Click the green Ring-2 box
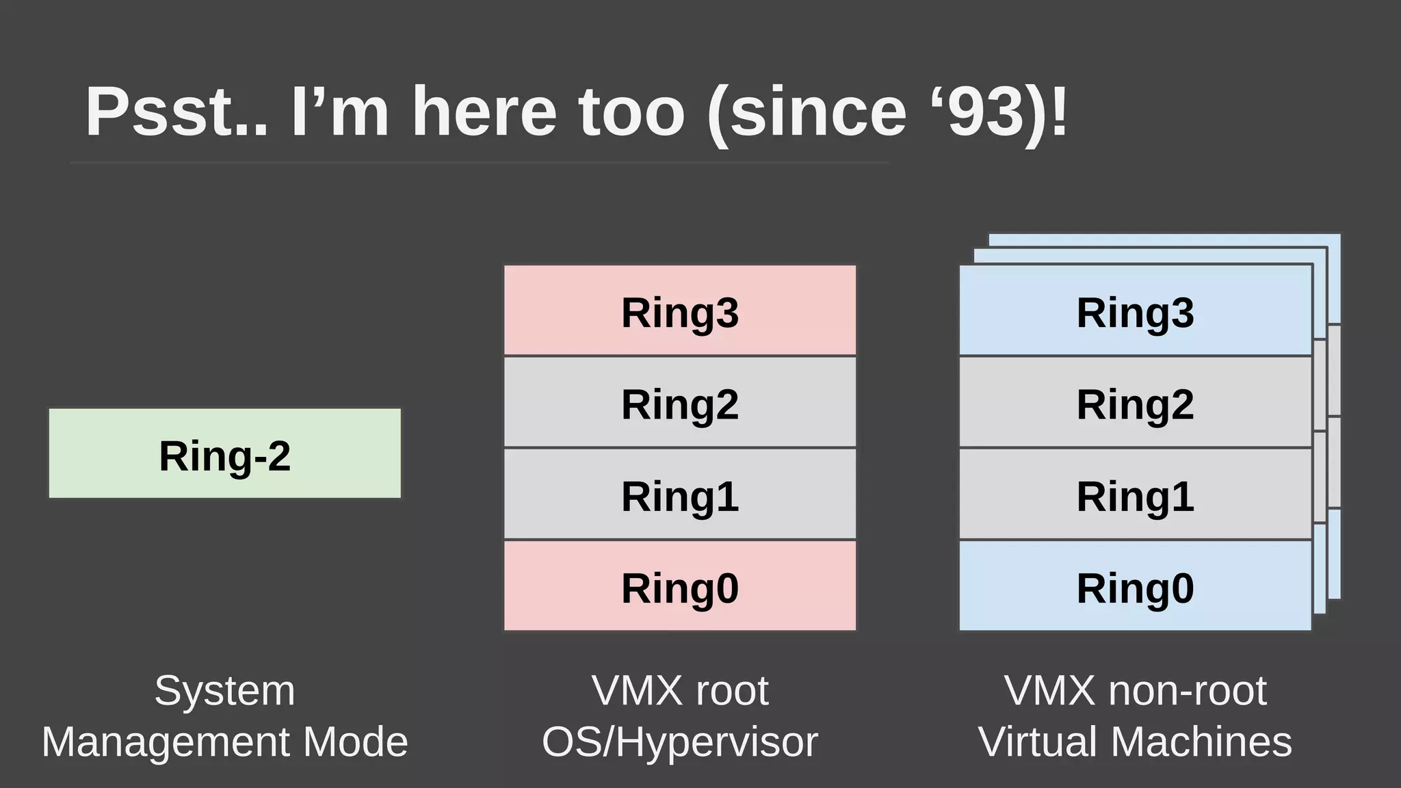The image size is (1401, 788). [224, 454]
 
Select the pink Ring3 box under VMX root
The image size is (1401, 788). [680, 311]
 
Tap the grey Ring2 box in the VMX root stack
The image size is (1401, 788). [680, 403]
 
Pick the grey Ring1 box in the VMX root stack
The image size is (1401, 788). [680, 495]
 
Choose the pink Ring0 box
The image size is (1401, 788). [680, 586]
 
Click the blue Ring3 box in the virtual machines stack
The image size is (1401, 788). [1136, 311]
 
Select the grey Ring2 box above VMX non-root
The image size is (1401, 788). [1136, 403]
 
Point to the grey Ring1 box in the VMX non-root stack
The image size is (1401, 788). [1136, 495]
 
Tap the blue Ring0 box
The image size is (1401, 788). [1136, 586]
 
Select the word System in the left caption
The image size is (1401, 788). [224, 690]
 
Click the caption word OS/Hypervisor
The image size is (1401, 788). [680, 741]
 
